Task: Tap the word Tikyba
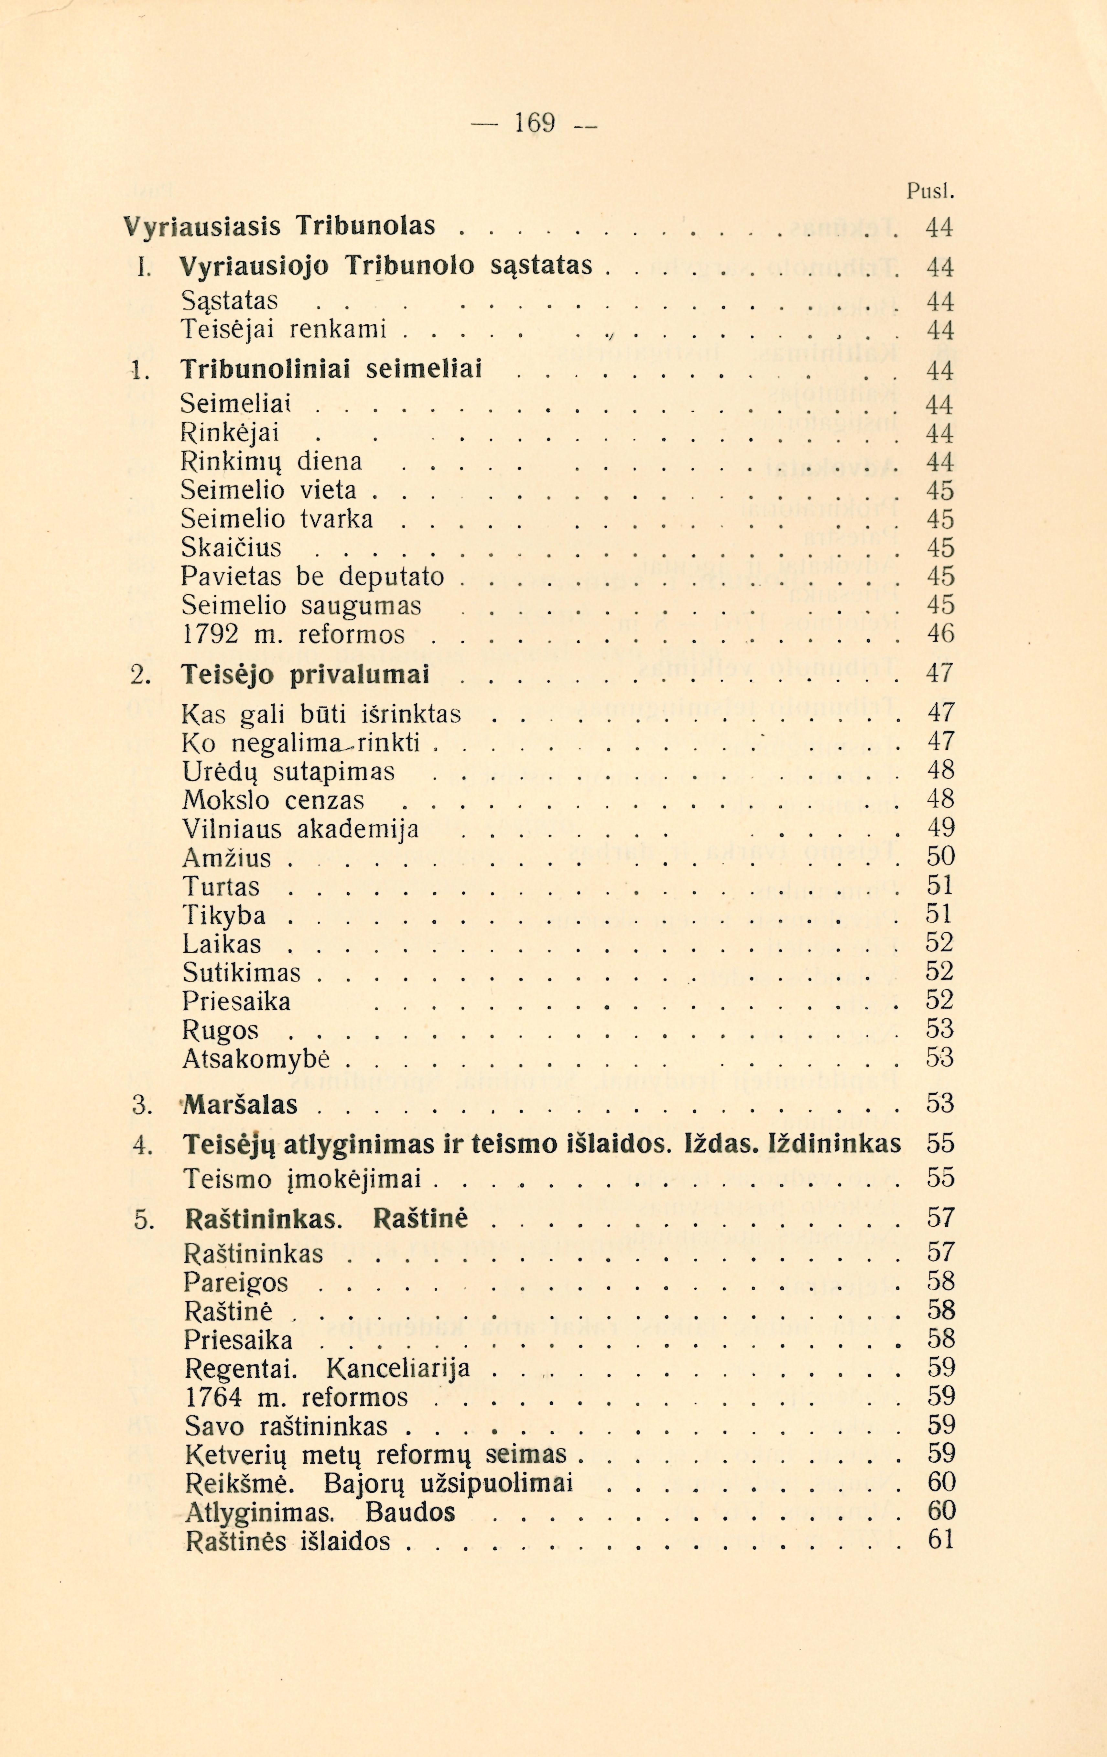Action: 224,915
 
